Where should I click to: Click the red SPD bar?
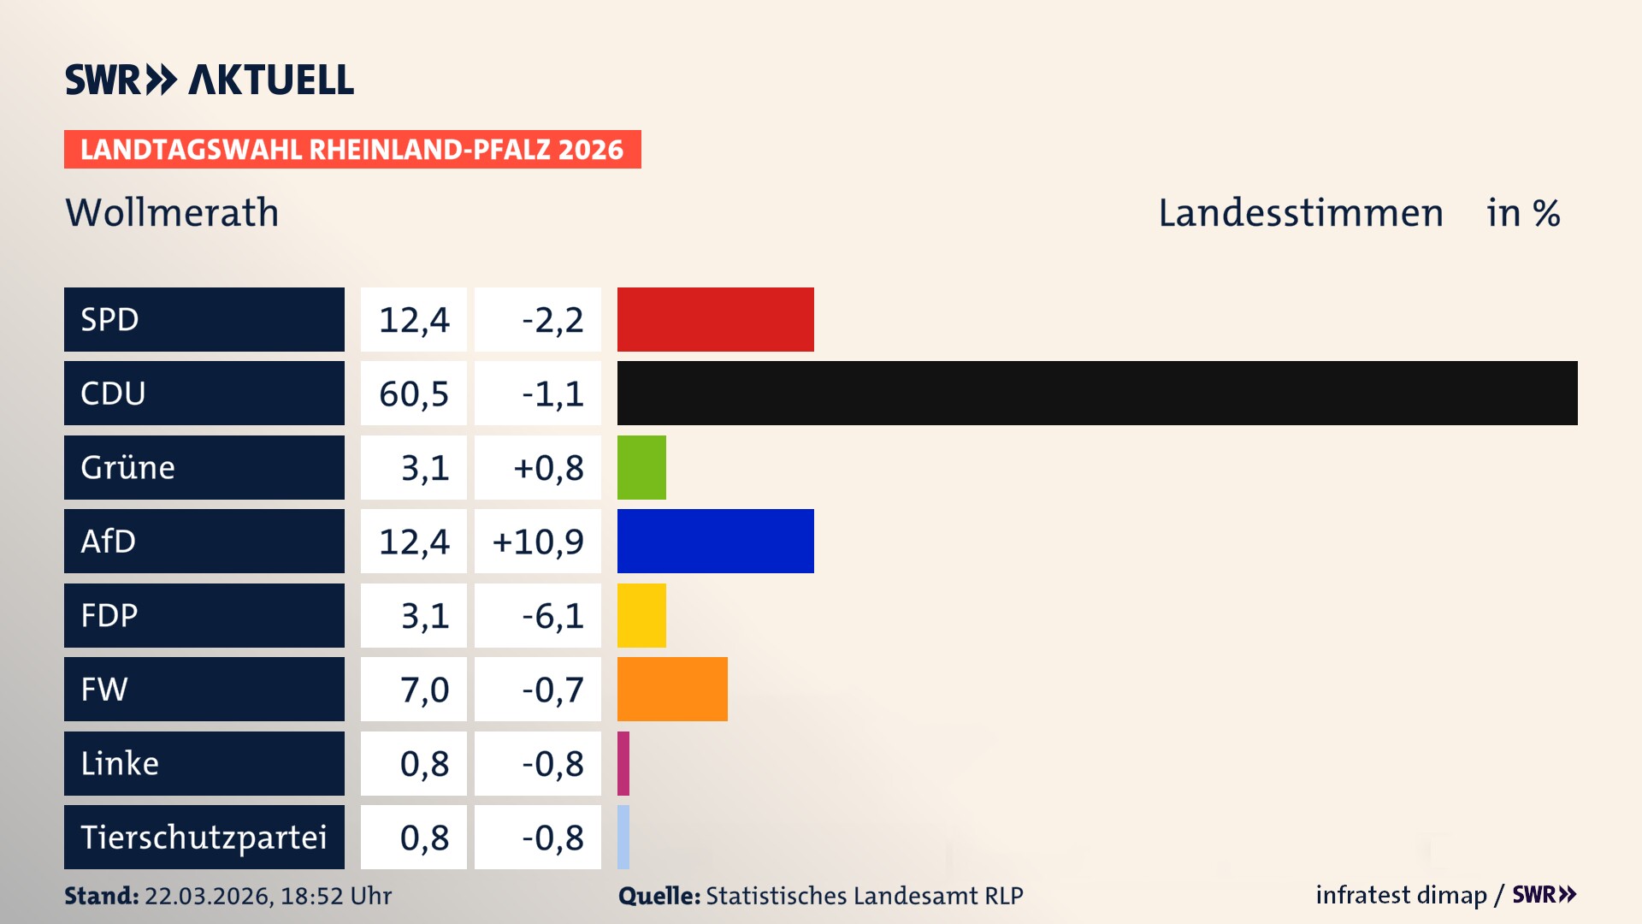(x=715, y=319)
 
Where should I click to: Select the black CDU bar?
(x=1096, y=393)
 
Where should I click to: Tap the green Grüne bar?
(x=641, y=467)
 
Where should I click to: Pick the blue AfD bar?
(x=715, y=541)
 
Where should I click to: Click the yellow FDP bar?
(x=641, y=615)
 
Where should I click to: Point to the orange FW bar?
(x=672, y=689)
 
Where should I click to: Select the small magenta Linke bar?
(x=623, y=763)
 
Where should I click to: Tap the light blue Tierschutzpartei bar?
(x=623, y=837)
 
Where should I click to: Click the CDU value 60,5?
(x=414, y=394)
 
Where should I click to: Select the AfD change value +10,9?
(x=538, y=542)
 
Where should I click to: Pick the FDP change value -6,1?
(x=552, y=616)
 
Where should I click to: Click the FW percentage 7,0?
(x=424, y=690)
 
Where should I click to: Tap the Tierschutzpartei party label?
(x=204, y=837)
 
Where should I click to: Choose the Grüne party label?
(x=128, y=467)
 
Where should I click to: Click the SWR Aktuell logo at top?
(x=210, y=80)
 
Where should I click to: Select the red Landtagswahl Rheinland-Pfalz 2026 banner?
(x=352, y=150)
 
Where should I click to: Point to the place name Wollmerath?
(x=172, y=212)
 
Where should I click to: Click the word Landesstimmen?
(x=1300, y=212)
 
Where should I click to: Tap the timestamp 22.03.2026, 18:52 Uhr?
(x=268, y=896)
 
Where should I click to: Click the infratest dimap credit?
(x=1401, y=895)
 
